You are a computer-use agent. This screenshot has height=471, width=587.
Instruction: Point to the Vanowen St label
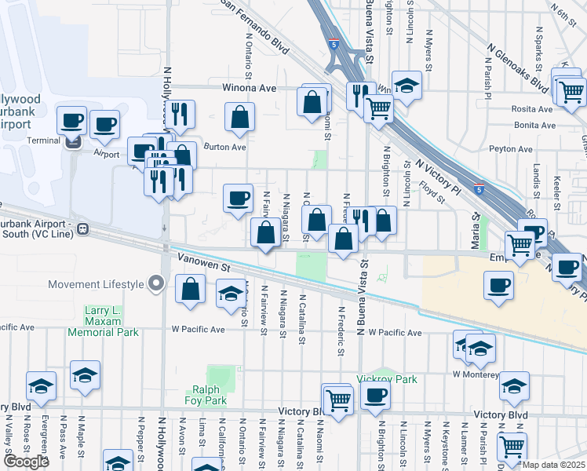pos(202,267)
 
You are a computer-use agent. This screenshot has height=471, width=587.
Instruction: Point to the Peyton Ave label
pos(511,148)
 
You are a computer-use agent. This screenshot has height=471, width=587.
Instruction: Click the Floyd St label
pos(432,193)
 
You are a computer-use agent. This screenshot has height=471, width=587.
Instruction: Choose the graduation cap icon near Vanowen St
pos(230,294)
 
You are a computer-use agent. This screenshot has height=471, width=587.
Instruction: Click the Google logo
pos(26,462)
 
